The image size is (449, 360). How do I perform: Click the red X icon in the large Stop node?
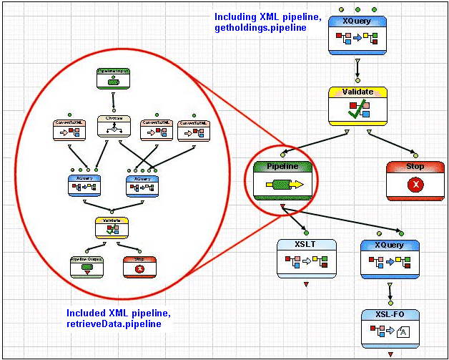(x=415, y=184)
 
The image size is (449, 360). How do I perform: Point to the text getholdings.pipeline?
(x=260, y=28)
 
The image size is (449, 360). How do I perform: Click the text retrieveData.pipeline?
(x=114, y=324)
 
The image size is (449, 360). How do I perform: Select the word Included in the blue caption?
(x=87, y=313)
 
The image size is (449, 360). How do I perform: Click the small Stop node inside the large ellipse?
(x=139, y=267)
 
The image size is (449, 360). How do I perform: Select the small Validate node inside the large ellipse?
(x=113, y=228)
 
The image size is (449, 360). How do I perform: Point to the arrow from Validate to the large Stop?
(x=383, y=142)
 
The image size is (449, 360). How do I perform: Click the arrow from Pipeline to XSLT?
(x=296, y=220)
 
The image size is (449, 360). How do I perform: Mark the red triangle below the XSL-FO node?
(x=390, y=354)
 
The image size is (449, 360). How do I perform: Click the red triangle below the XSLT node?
(x=306, y=285)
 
